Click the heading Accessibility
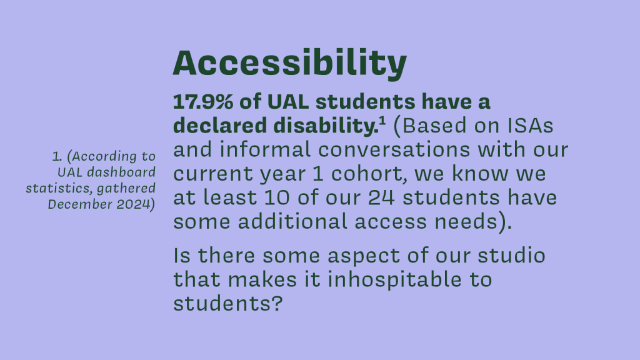[290, 63]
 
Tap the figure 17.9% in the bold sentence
[203, 102]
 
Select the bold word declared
[220, 125]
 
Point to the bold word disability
[326, 125]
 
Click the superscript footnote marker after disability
[382, 121]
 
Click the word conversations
[394, 150]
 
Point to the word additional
[292, 222]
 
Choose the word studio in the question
[511, 256]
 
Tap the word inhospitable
[394, 281]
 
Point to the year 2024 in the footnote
[133, 204]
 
